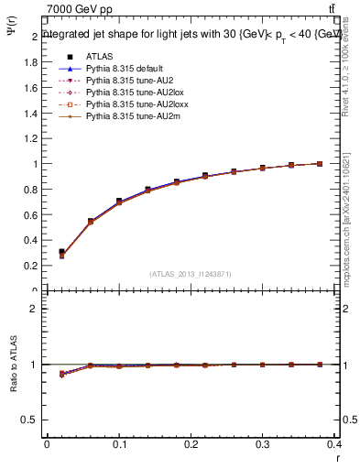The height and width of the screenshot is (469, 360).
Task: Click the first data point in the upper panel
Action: pos(61,253)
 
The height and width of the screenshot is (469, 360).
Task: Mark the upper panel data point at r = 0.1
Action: pos(119,202)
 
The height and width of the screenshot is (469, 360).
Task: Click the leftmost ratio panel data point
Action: pos(61,374)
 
